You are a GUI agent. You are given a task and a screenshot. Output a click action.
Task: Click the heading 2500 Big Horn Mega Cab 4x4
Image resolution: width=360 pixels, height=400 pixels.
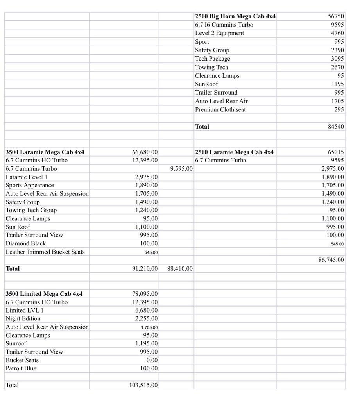pos(235,16)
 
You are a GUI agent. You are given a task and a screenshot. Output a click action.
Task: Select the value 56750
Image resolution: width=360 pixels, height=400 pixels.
pos(336,16)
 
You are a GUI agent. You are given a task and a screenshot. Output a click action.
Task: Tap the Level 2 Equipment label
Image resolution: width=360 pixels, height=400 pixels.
pos(219,33)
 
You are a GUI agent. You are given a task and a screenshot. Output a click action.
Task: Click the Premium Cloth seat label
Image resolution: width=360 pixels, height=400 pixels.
pos(220,110)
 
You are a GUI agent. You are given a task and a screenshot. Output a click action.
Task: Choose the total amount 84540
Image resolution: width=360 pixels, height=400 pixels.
pos(336,127)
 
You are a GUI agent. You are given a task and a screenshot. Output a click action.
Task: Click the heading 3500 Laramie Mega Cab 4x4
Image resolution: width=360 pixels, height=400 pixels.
pos(45,152)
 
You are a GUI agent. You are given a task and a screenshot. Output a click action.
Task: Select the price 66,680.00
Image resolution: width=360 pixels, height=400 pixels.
pos(145,152)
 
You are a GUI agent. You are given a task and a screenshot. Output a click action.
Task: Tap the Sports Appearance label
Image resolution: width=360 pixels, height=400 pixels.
pos(30,185)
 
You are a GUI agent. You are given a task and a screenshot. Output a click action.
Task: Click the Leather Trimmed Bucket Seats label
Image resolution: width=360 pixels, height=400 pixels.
pos(45,252)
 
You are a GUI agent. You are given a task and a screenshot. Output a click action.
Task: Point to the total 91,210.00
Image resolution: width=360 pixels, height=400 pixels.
pos(145,269)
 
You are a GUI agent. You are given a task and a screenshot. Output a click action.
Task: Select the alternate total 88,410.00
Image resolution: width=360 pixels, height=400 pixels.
pos(180,269)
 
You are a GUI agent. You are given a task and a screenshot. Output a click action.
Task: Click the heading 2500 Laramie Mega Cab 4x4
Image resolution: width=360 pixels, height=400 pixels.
pos(235,152)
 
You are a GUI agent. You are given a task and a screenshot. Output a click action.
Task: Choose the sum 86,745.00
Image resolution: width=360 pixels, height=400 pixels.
pos(331,260)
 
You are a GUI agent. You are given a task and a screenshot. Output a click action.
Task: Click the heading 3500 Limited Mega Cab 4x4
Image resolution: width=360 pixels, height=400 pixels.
pos(44,294)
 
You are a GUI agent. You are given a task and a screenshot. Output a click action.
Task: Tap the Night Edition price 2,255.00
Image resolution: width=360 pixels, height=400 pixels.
pos(147,319)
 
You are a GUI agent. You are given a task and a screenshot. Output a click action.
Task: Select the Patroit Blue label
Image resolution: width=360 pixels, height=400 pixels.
pos(21,368)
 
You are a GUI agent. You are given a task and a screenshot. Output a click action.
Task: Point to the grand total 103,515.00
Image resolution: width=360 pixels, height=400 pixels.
pos(143,385)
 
